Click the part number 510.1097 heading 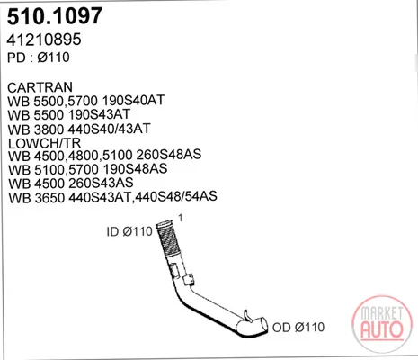point(55,16)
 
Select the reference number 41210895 point(44,40)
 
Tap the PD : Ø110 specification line point(39,58)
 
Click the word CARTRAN point(40,87)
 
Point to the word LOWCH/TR point(44,143)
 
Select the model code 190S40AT point(134,100)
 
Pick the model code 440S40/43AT point(110,129)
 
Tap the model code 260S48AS point(169,155)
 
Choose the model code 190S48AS point(135,169)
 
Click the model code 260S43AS point(102,183)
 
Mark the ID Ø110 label point(129,231)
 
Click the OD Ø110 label point(298,327)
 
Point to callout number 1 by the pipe point(180,218)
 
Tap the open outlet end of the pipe point(263,325)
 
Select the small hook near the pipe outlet point(246,316)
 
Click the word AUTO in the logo point(382,329)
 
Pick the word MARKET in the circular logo point(382,313)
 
